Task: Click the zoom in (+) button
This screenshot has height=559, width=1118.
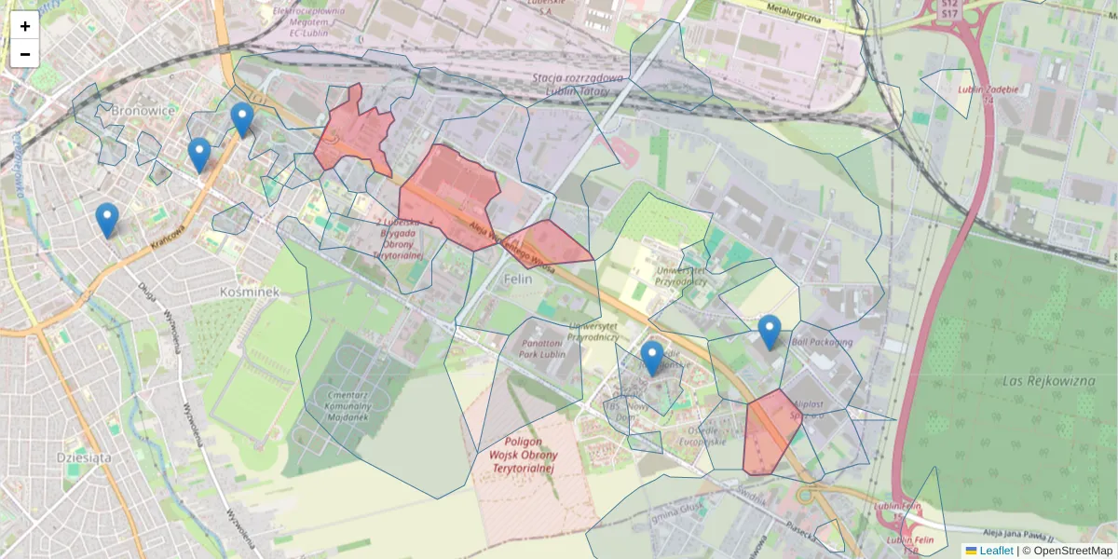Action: tap(25, 26)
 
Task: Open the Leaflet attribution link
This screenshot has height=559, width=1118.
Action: tap(996, 551)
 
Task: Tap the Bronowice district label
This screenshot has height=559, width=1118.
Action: tap(143, 111)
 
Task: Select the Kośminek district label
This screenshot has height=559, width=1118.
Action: tap(249, 292)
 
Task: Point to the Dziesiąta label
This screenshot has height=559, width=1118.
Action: tap(84, 457)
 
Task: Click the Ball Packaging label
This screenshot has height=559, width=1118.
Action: tap(822, 342)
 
